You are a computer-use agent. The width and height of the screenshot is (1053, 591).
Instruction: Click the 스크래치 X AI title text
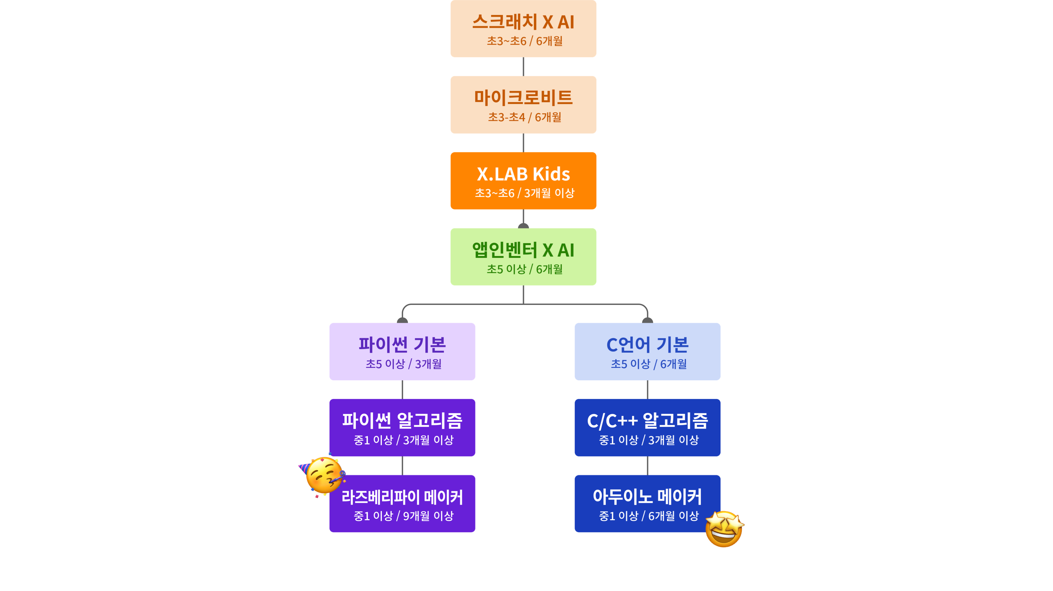523,22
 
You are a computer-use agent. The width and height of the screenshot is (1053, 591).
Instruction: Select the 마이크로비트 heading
523,98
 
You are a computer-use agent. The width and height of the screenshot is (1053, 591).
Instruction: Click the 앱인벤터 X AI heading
523,250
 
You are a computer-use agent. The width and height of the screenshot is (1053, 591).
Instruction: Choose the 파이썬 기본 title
402,344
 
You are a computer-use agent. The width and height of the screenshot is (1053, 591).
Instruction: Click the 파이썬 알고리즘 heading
402,421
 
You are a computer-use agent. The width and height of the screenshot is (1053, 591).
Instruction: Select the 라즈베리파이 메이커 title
402,497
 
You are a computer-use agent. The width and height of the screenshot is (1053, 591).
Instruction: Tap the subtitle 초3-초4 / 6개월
525,117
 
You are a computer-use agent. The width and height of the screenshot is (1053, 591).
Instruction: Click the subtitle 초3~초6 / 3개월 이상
525,193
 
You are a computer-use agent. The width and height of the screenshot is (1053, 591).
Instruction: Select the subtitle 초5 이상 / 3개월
403,364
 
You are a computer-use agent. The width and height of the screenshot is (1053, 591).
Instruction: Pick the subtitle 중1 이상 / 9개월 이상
403,516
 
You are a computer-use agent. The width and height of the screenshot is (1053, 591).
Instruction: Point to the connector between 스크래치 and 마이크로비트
523,67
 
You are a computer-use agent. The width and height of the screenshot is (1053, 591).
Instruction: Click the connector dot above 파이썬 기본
402,320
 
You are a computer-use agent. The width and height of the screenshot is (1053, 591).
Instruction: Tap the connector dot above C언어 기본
648,320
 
